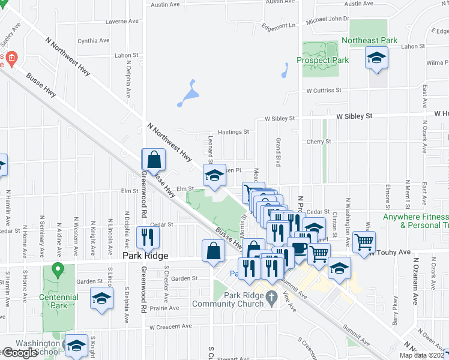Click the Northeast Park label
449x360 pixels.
pyautogui.click(x=370, y=40)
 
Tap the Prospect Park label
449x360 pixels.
pyautogui.click(x=322, y=61)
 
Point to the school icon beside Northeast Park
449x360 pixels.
pyautogui.click(x=376, y=58)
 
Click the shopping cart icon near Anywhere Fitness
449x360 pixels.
pyautogui.click(x=364, y=242)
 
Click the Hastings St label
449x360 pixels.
pyautogui.click(x=234, y=131)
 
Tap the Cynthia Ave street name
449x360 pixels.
pyautogui.click(x=94, y=41)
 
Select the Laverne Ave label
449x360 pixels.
pyautogui.click(x=121, y=22)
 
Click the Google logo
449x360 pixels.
pyautogui.click(x=20, y=353)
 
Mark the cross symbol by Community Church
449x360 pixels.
pyautogui.click(x=271, y=296)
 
